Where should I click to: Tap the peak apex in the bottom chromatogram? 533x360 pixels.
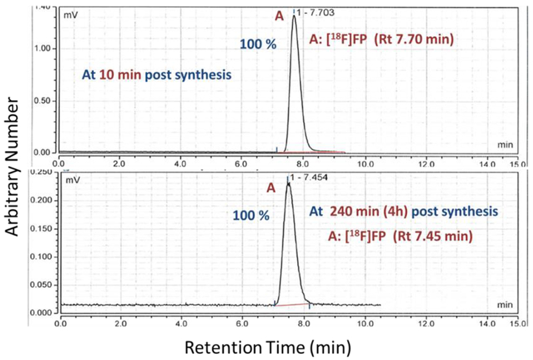pos(288,184)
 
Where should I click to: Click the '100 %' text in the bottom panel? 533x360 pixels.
pos(251,217)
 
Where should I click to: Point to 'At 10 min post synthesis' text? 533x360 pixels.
pos(157,75)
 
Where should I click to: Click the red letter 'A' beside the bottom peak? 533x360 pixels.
pos(271,189)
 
